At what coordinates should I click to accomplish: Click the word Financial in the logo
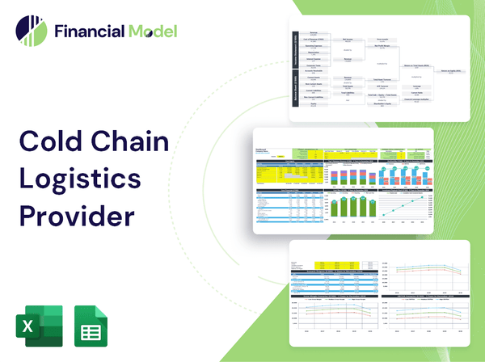tap(88, 32)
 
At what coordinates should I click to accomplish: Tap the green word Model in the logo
tap(151, 32)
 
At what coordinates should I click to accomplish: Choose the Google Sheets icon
tap(92, 326)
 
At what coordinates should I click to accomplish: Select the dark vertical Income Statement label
tap(295, 52)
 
